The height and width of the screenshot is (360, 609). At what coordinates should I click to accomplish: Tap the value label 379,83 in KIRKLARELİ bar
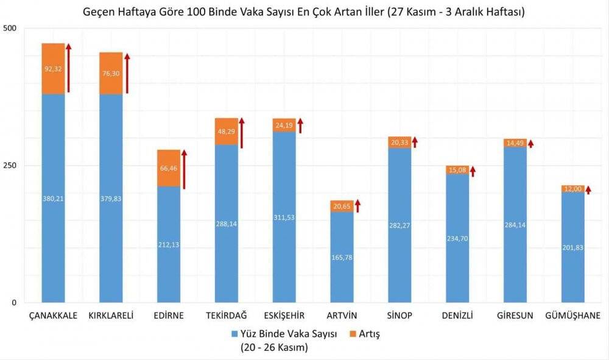pos(111,199)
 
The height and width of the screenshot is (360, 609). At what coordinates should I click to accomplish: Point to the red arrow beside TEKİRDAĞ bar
pos(242,133)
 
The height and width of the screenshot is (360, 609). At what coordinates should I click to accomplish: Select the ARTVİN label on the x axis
pos(342,316)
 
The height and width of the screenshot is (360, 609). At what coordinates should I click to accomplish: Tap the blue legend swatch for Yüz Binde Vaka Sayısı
pos(234,334)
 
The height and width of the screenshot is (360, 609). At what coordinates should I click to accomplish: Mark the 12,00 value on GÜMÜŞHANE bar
pos(573,189)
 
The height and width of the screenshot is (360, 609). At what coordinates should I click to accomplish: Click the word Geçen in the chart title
pos(100,11)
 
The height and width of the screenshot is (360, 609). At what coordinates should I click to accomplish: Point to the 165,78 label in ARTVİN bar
pos(342,257)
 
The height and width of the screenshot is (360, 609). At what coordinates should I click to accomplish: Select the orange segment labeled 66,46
pos(169,168)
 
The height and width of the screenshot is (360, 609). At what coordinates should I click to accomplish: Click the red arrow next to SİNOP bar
pos(415,142)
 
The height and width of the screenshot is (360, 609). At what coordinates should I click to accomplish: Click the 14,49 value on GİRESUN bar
pos(515,143)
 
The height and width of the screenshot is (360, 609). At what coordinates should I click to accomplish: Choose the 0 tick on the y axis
pos(14,303)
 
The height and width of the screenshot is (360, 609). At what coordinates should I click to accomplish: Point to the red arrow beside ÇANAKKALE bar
pos(68,68)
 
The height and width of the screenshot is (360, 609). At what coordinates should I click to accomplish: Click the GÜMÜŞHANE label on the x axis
pos(573,316)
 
